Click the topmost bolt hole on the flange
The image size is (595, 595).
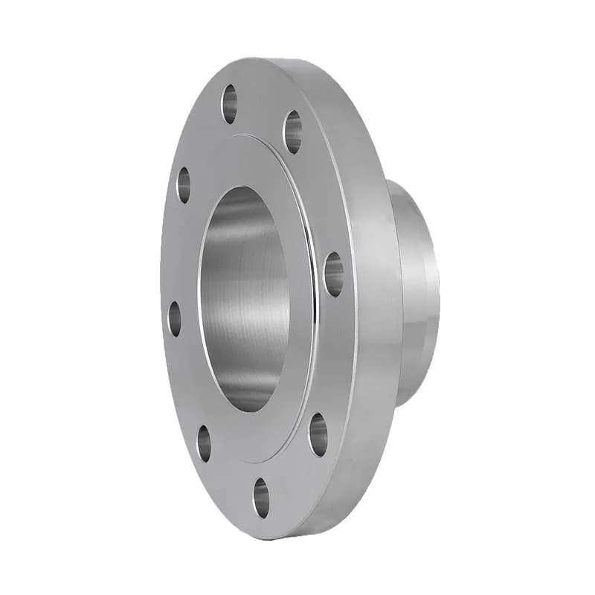pos(229,103)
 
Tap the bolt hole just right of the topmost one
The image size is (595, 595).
pos(293,132)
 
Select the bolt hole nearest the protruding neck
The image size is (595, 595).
pos(334,274)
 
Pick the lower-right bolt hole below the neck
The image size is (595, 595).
pos(318,434)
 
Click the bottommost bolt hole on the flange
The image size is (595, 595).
pos(261,498)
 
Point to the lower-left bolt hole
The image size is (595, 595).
pos(204,443)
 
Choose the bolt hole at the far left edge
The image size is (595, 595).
pos(175,318)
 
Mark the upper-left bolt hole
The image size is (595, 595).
pos(183,184)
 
